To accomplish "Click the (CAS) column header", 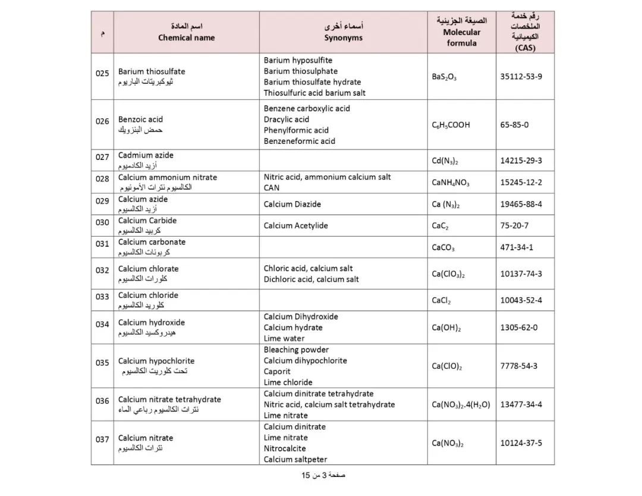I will coord(525,48).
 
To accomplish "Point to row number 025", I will coord(102,74).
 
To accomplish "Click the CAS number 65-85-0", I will coord(514,125).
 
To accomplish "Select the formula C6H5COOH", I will coord(451,125).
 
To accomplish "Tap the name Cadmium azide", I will coord(146,155).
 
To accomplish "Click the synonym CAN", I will coord(271,188).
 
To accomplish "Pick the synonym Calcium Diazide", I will coord(292,204).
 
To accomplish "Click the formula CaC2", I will coord(440,226).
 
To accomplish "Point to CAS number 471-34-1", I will coord(517,247).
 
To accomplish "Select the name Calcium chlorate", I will coord(148,269).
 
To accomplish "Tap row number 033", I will coord(102,297).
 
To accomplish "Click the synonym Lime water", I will coord(284,338).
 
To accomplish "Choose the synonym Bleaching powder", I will coord(296,350).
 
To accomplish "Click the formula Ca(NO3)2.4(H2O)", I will coord(461,405).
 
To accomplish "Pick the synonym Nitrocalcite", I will coord(285,448).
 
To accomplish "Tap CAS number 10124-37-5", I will coord(521,443).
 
